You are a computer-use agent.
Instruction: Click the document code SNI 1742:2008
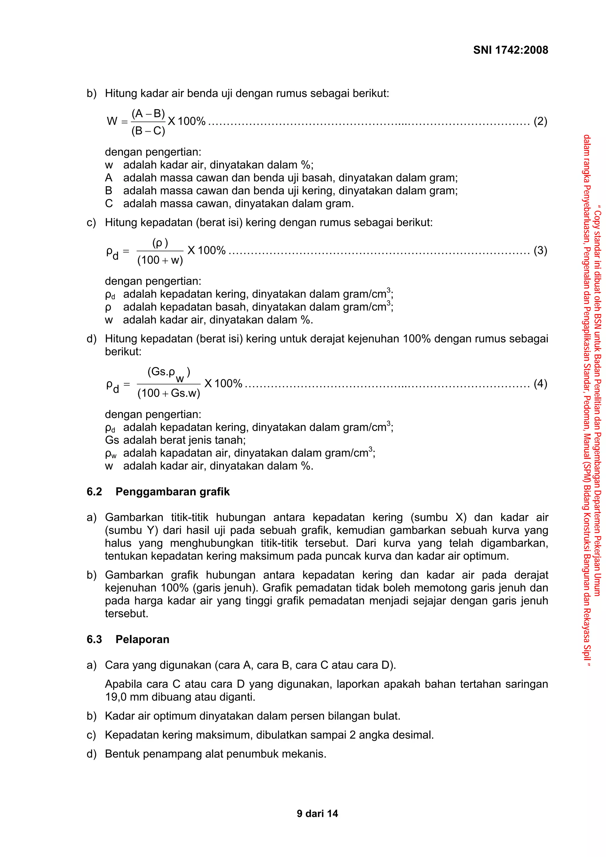510,50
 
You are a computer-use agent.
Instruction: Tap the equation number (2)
540,121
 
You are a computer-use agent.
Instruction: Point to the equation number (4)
540,383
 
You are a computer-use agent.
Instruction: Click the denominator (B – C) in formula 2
148,131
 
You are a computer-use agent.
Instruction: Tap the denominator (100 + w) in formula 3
160,260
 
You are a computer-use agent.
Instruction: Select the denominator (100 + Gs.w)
169,393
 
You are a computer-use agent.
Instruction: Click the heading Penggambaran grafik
173,492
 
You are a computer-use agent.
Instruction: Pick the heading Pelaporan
142,639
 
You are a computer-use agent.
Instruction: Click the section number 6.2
94,492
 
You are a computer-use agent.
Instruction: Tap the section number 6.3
94,639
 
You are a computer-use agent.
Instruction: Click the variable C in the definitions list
109,204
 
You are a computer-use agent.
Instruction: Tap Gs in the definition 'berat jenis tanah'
112,440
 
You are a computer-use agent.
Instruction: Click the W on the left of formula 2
112,121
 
